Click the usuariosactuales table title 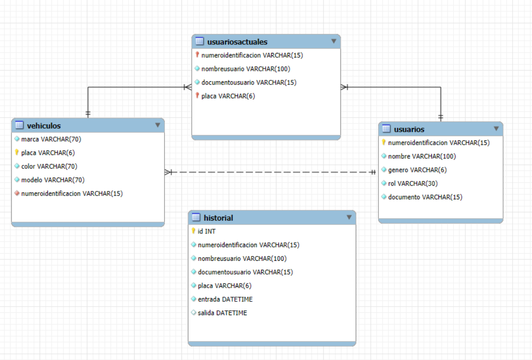pos(237,42)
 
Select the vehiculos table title pos(44,126)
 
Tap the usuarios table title pos(409,129)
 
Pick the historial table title pos(218,218)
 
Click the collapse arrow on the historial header pos(349,217)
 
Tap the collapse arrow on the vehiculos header pos(158,125)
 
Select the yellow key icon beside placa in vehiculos pos(17,153)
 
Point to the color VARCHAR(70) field pos(49,166)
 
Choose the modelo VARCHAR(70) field pos(52,180)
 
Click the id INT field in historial pos(206,231)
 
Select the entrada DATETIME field pos(225,299)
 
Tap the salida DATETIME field pos(222,313)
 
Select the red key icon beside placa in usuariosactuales pos(197,96)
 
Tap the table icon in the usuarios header pos(386,129)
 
